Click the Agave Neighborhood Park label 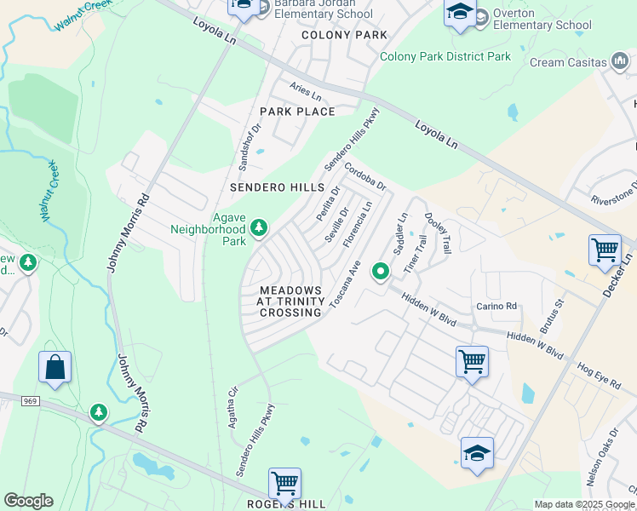pos(208,229)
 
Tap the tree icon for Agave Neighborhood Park pos(259,227)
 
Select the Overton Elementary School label pos(543,19)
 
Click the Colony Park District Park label pos(445,57)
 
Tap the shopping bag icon pos(55,368)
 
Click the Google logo pos(28,501)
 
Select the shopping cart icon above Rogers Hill pos(284,483)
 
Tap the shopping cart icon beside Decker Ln pos(605,250)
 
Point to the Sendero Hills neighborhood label pos(277,187)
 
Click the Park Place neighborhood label pos(297,112)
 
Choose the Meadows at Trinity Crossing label pos(291,301)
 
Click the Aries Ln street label pos(305,92)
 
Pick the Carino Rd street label pos(497,306)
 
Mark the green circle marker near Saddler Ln pos(381,271)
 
